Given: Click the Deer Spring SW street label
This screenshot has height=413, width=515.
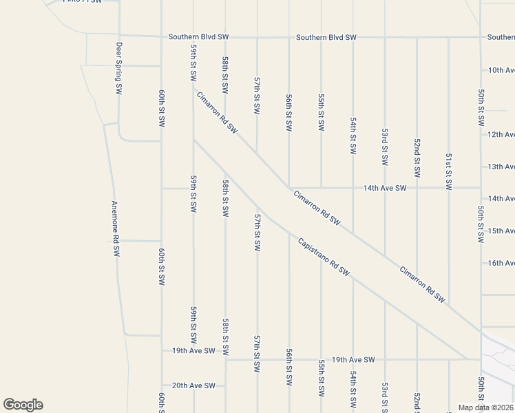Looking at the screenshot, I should pos(119,68).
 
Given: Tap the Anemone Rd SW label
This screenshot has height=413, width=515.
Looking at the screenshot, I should pos(116,229).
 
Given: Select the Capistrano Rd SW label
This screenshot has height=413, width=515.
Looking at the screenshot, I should pos(324,257).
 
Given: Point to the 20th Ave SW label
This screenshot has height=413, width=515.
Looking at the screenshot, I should pos(193,385).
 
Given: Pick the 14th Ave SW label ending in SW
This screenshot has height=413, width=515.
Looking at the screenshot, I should pos(385,187).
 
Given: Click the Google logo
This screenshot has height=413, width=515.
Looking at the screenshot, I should pos(23,405).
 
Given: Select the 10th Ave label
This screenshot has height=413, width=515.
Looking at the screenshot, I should pos(501,70).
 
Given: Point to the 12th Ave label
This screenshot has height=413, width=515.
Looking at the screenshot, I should pos(501,135).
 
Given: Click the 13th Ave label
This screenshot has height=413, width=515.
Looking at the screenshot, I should pos(501,167).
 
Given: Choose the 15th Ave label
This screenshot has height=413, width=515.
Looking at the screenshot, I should pos(501,231).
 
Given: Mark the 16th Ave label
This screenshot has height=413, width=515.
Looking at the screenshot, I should pos(501,263).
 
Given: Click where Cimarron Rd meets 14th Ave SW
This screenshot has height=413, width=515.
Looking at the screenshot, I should pos(288,187).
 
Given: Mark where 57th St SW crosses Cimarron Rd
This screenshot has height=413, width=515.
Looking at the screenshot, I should pos(257,153).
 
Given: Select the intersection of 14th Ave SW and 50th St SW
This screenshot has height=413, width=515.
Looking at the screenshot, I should pos(481,187).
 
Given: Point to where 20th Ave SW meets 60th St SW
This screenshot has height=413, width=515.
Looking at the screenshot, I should pos(161,385).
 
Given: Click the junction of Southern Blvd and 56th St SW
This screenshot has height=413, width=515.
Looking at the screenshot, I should pos(288,37).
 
